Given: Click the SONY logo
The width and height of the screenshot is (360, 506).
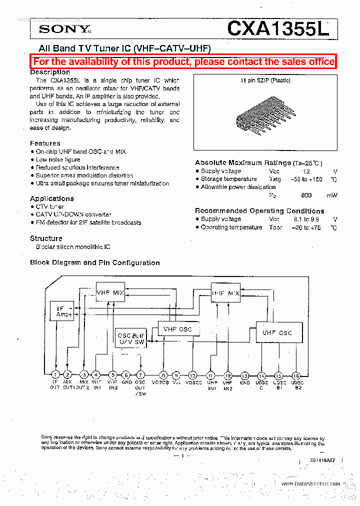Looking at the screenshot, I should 64,29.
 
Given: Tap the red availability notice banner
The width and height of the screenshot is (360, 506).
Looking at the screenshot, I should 183,61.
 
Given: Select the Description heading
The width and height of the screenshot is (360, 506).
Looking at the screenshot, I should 50,72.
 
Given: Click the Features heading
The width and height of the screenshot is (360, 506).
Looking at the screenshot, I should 45,143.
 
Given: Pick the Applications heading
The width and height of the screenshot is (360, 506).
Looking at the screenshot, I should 52,198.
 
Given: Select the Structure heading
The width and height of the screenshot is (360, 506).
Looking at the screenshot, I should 46,238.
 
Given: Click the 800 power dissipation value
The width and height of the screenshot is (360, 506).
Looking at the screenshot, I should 306,195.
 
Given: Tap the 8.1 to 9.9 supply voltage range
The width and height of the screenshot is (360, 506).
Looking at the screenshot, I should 305,219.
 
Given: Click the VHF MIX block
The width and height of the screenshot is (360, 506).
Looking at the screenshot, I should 110,292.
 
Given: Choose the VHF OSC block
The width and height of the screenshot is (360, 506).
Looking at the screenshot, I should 177,329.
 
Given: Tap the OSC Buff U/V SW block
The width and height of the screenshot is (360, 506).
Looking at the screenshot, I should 130,338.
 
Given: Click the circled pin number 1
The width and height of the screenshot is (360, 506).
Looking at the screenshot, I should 55,374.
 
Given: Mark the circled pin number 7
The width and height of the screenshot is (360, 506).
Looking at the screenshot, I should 140,374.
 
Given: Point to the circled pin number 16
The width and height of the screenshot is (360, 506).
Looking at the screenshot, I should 296,375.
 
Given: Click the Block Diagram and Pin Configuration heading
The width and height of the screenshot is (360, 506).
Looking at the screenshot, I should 95,262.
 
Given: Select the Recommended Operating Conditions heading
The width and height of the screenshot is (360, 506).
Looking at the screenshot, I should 259,210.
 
